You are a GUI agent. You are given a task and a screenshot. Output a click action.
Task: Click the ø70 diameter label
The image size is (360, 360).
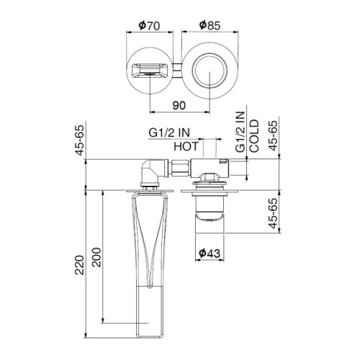tap(148, 25)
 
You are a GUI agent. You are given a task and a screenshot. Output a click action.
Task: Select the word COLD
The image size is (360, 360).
tap(254, 136)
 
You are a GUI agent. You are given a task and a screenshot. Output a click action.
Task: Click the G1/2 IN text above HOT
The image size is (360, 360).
tap(171, 132)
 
